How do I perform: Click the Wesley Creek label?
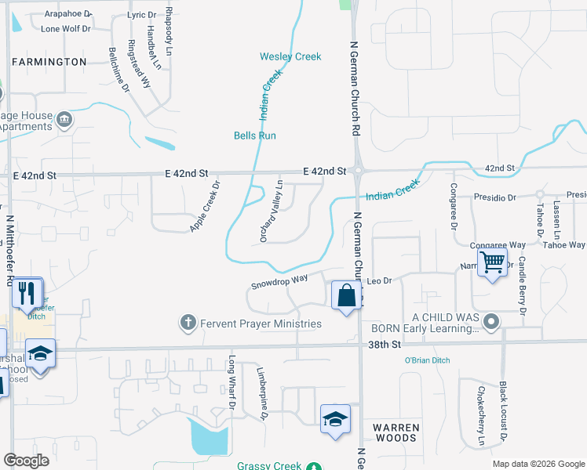[x=290, y=56]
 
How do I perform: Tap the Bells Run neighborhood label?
[x=255, y=136]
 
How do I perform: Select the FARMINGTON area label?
[x=49, y=61]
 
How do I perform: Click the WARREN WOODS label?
[x=396, y=432]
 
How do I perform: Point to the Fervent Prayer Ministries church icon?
[x=188, y=323]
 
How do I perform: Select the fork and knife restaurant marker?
[x=28, y=293]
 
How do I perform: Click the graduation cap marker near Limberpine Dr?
[x=335, y=418]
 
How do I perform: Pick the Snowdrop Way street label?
[x=279, y=279]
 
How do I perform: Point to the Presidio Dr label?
[x=494, y=198]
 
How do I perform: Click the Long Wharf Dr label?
[x=232, y=382]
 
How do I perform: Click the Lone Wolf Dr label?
[x=66, y=29]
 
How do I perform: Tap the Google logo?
[x=27, y=461]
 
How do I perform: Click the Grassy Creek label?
[x=271, y=466]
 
